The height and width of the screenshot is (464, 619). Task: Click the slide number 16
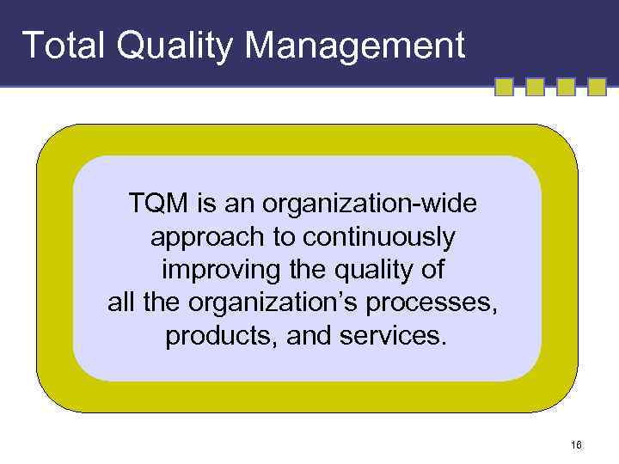click(x=576, y=444)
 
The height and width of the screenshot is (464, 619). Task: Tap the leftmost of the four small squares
click(x=505, y=87)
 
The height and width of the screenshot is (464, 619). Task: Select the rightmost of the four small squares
click(x=598, y=87)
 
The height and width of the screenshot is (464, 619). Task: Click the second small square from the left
click(x=535, y=87)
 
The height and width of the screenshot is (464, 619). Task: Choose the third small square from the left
click(x=566, y=87)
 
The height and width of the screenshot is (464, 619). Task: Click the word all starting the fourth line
click(x=121, y=302)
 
